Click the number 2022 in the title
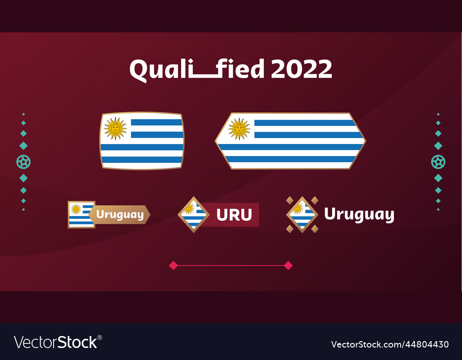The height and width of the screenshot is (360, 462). [301, 70]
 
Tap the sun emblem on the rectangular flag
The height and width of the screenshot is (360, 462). [115, 128]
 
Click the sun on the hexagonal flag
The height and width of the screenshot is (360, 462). [239, 129]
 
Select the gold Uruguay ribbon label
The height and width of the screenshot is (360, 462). [120, 215]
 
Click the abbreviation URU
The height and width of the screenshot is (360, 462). [234, 215]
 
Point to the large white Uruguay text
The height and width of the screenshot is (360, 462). [359, 215]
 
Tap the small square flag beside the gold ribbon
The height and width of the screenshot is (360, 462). [81, 215]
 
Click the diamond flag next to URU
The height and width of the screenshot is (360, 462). [194, 215]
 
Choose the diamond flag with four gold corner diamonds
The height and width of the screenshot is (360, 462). [302, 215]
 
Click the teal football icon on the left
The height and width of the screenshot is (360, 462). [24, 162]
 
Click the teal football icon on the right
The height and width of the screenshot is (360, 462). [438, 162]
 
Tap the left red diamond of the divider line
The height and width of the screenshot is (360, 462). [173, 265]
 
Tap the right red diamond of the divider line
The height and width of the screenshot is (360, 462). [288, 265]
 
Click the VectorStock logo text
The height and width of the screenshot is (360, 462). [56, 342]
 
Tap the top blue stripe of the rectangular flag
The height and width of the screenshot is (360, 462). [157, 122]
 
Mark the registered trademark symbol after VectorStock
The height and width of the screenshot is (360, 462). [100, 337]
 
